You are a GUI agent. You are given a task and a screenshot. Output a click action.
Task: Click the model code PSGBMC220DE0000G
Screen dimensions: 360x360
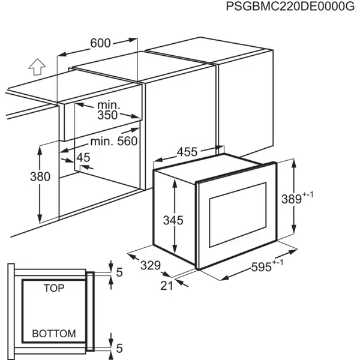click(x=290, y=6)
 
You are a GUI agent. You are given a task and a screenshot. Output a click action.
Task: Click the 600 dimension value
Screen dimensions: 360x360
click(x=101, y=43)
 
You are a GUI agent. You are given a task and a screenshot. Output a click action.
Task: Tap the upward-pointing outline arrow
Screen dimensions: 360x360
click(x=37, y=67)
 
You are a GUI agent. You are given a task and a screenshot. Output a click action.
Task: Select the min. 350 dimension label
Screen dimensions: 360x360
click(x=108, y=110)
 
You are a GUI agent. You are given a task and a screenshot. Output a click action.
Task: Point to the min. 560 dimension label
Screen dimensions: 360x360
click(x=114, y=141)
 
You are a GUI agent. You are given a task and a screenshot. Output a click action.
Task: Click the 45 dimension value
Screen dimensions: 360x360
click(x=83, y=157)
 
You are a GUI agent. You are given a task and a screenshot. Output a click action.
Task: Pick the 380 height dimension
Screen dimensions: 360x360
click(x=40, y=176)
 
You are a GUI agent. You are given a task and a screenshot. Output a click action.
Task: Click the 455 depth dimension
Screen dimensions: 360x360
click(x=187, y=152)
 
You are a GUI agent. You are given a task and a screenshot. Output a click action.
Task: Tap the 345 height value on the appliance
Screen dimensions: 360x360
click(x=173, y=220)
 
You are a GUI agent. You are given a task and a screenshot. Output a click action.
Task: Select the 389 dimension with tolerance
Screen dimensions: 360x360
click(x=298, y=198)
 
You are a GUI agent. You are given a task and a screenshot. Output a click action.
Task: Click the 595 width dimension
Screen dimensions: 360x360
click(x=267, y=266)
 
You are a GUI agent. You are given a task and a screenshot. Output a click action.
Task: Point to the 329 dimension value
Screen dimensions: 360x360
click(x=151, y=265)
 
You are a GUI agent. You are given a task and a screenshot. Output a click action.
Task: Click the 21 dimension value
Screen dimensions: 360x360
click(x=166, y=286)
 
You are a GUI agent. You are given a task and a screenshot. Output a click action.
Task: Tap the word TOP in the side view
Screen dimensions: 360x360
click(x=54, y=288)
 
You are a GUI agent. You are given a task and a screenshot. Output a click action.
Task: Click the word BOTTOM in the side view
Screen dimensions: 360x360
click(x=54, y=334)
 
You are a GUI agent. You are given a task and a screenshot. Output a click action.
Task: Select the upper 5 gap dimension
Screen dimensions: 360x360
click(x=119, y=272)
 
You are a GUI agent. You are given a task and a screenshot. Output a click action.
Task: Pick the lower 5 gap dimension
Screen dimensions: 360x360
click(x=119, y=348)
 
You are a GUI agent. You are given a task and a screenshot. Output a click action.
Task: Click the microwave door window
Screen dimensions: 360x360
click(x=238, y=214)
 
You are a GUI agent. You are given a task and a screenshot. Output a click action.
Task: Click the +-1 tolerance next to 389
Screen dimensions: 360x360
click(x=308, y=194)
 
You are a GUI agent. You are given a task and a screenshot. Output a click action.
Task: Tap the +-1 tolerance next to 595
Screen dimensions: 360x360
click(x=278, y=262)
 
